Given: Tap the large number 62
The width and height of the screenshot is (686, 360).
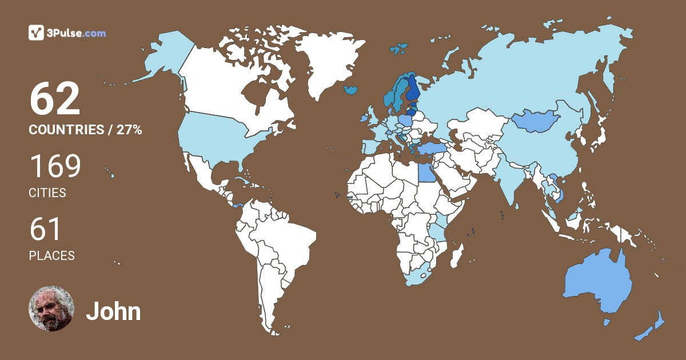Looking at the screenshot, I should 55,99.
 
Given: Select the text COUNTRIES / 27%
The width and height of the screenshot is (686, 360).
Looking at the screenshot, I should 85,130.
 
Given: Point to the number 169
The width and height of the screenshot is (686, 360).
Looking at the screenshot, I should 55,167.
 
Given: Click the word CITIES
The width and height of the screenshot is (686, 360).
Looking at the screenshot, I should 47,193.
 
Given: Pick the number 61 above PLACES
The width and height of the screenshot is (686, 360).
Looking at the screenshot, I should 45,230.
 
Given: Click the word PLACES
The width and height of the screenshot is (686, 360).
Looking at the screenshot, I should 51,256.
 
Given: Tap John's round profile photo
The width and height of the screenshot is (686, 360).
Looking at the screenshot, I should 51,309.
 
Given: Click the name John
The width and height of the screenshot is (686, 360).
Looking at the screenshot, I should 113,311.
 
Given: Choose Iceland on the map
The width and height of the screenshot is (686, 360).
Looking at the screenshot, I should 351,89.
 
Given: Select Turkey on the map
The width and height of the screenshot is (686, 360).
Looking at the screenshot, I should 429,149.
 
